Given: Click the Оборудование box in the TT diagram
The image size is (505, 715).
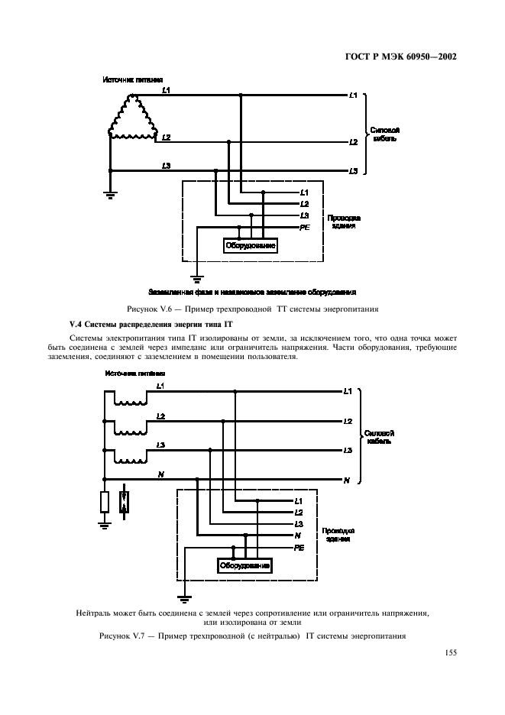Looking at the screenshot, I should tap(250, 245).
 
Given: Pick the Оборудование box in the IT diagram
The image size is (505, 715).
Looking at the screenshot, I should tap(245, 566).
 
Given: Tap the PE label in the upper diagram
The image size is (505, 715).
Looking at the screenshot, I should tap(304, 227).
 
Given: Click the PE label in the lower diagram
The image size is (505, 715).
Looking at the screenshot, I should tap(299, 548).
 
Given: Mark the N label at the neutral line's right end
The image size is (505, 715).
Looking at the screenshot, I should tap(347, 480).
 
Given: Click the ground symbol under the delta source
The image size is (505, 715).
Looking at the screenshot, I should tap(110, 195).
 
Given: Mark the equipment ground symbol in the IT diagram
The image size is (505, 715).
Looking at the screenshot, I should tap(183, 598).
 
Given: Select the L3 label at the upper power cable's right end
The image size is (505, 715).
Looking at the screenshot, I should tap(352, 171).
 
